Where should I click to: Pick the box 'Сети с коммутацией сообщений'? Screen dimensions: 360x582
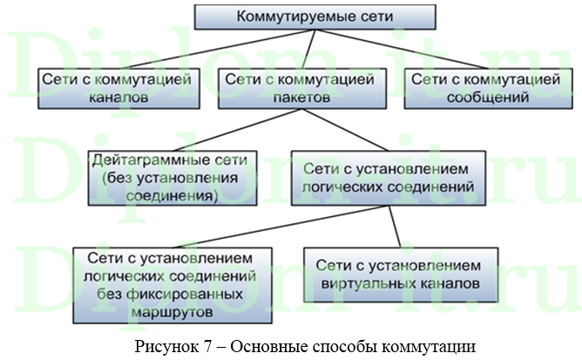coord(479,88)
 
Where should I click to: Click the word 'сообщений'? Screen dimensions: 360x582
coord(479,98)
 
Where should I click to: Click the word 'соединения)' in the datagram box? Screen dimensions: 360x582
coord(174,196)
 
